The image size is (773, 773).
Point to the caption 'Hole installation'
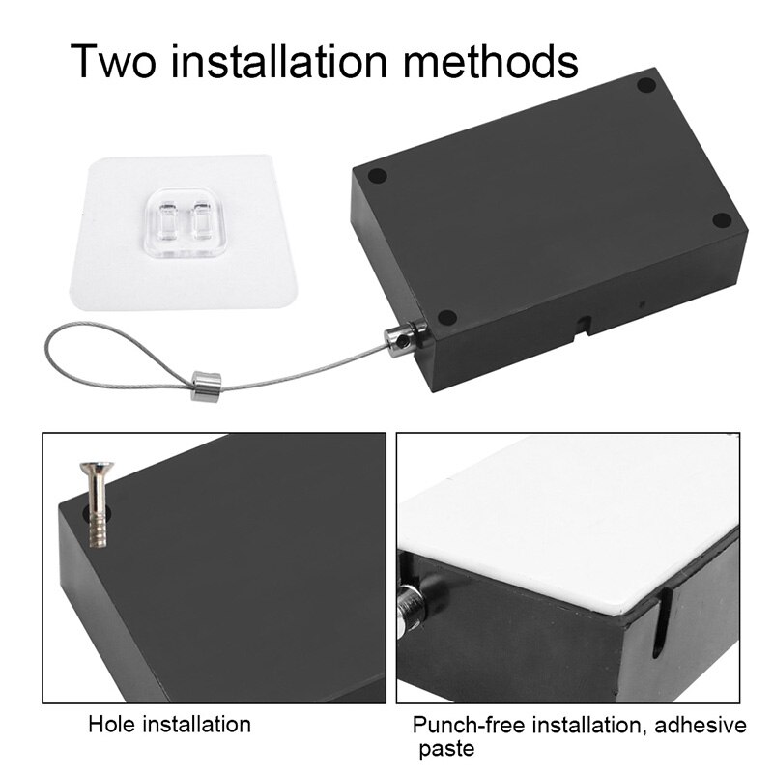(169, 724)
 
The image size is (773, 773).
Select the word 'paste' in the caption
(445, 749)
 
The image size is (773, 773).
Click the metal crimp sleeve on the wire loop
(206, 384)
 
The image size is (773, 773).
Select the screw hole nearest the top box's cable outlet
(446, 317)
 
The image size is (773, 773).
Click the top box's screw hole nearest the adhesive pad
(378, 177)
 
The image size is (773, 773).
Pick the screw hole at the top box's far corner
(646, 86)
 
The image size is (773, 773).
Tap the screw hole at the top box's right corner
(722, 219)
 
